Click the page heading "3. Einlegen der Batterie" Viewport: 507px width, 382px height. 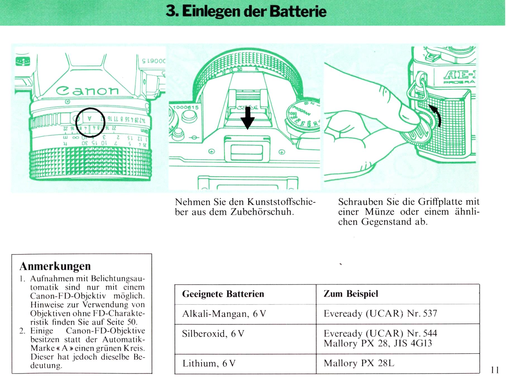(246, 11)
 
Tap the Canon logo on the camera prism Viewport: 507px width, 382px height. (87, 90)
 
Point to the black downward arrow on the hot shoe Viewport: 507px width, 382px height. (247, 118)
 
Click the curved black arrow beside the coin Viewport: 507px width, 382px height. (437, 114)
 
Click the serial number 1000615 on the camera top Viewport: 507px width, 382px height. (185, 108)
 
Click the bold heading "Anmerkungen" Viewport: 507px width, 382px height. (55, 266)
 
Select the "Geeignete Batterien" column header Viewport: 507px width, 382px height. (223, 294)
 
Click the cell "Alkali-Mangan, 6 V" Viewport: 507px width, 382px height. (224, 314)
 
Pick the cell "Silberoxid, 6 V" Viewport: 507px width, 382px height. (213, 333)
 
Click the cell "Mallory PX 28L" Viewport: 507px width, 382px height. (359, 363)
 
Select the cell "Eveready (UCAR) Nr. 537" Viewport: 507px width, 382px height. (380, 313)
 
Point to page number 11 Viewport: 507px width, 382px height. (495, 370)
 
